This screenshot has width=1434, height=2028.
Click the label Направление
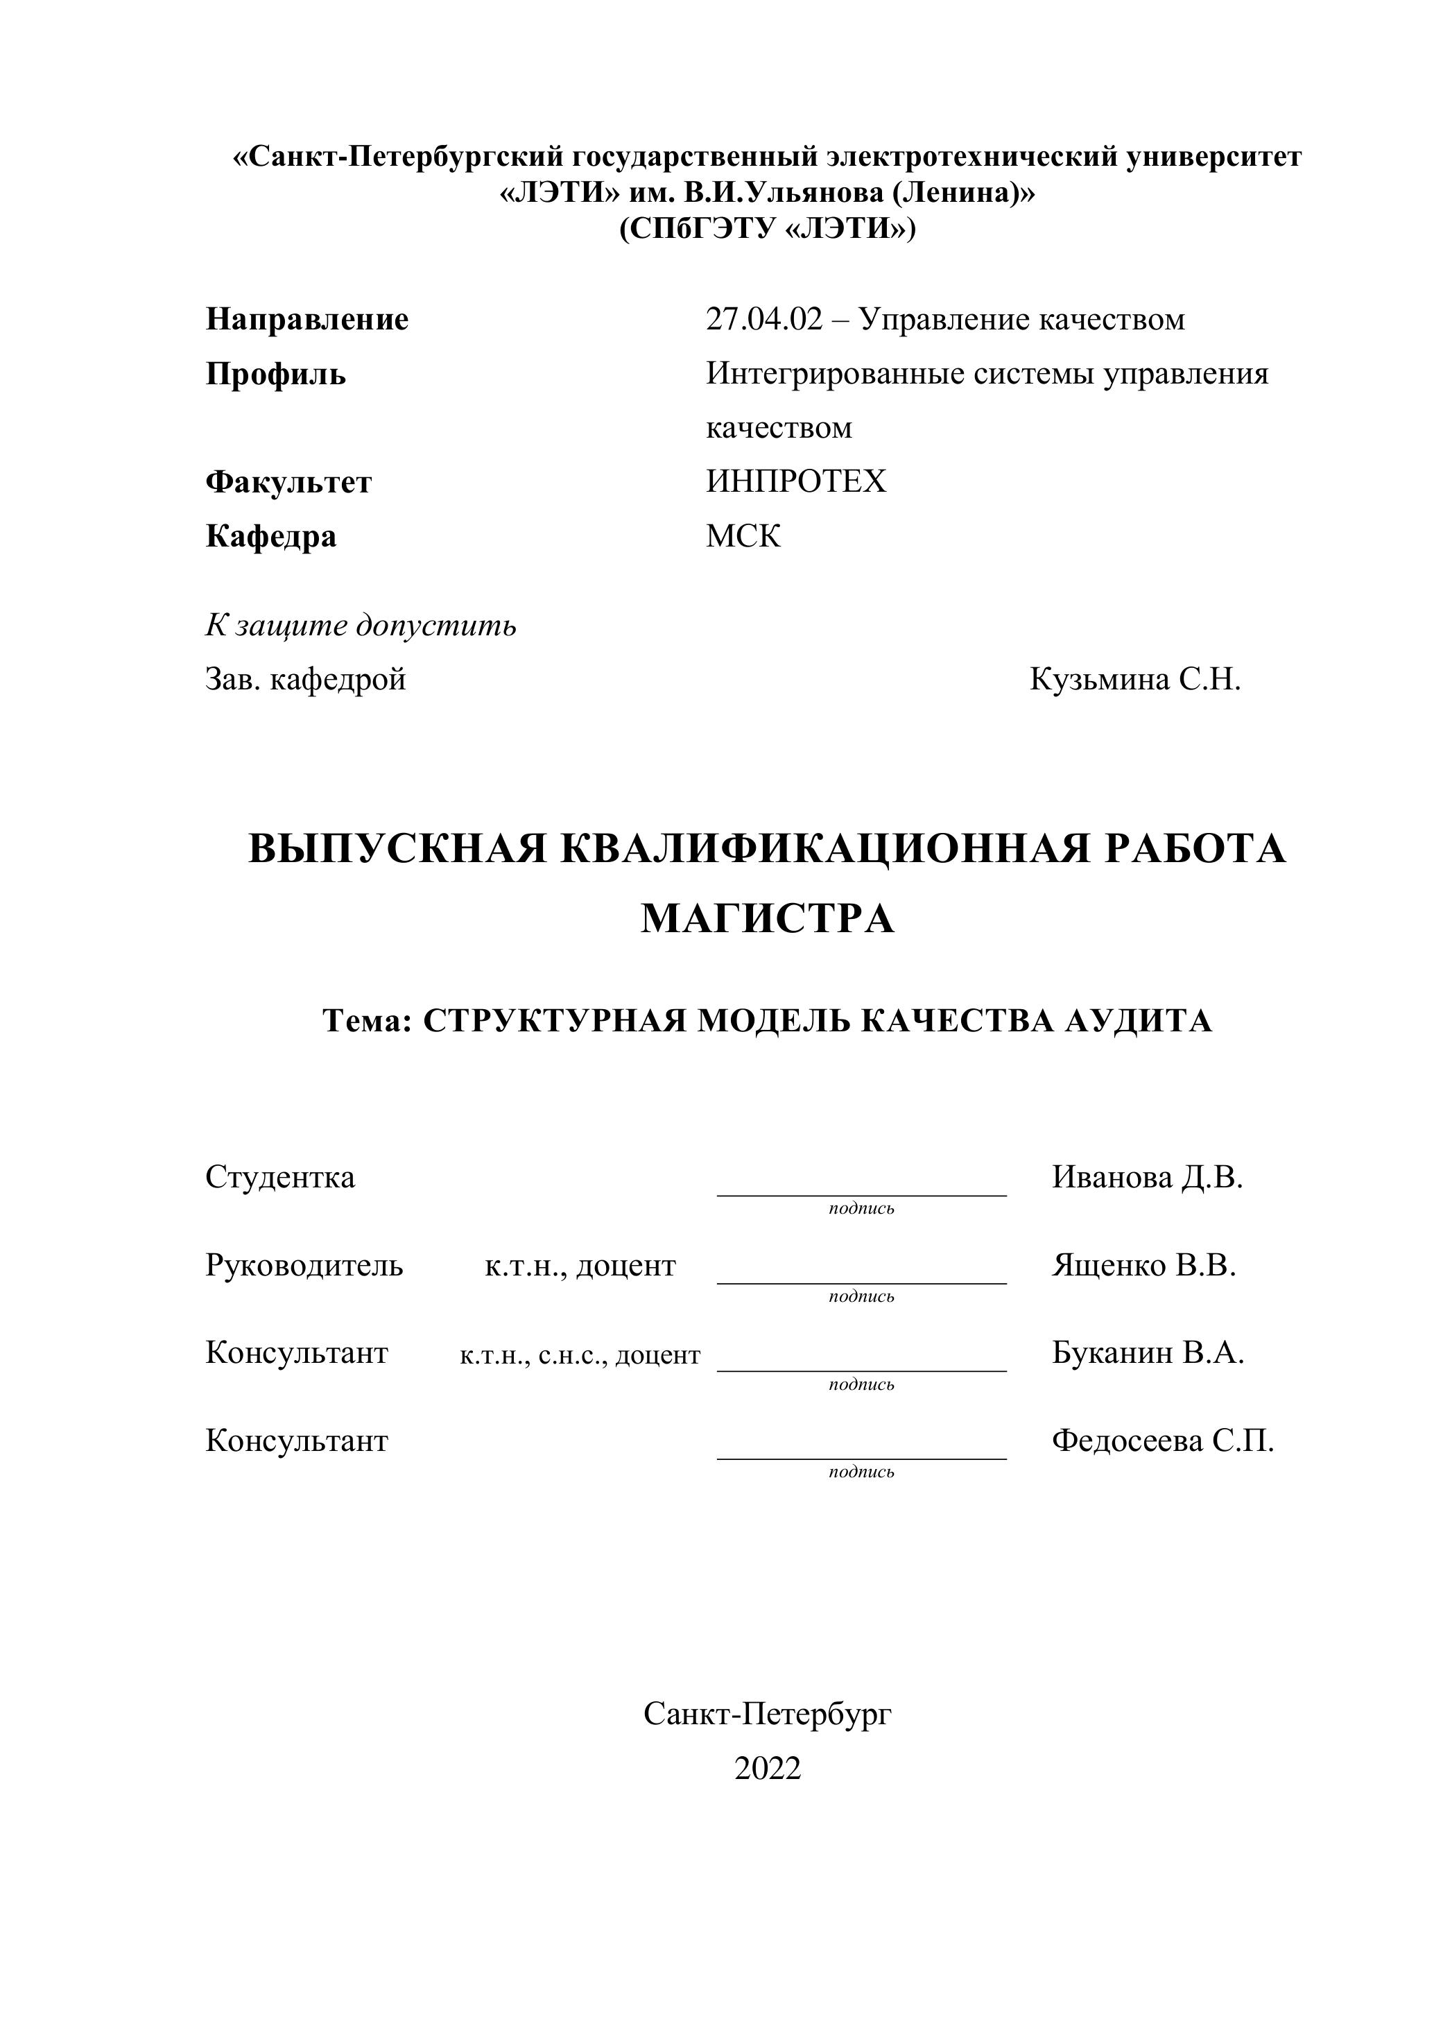(x=307, y=320)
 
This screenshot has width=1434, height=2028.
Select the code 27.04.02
(x=763, y=320)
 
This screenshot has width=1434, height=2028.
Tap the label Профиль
(x=275, y=375)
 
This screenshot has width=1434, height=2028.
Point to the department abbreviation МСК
(x=743, y=537)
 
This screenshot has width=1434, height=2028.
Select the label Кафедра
(x=271, y=537)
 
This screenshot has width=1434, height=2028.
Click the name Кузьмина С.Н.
(x=1136, y=680)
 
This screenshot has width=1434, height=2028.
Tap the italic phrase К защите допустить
(x=361, y=626)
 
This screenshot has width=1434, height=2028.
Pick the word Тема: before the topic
(x=368, y=1021)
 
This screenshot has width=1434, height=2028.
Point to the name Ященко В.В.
(x=1143, y=1266)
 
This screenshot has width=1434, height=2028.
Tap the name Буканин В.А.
(x=1148, y=1353)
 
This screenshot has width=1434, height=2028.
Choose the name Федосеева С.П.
(x=1163, y=1441)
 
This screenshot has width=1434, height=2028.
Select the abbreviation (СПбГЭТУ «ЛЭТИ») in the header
(x=768, y=230)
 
